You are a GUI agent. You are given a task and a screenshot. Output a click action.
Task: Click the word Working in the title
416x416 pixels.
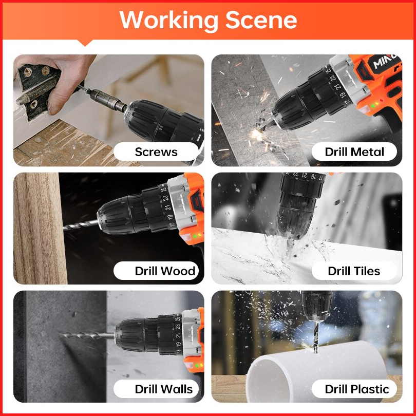point(169,20)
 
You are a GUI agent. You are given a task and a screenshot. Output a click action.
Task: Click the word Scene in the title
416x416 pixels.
point(261,20)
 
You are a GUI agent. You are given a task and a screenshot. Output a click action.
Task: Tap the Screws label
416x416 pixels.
point(156,152)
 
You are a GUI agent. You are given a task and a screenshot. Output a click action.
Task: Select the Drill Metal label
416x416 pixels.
point(354,152)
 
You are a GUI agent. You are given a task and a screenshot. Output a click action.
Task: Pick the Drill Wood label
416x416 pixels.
point(165,271)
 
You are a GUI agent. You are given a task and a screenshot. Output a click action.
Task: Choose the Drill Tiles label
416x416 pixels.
point(354,271)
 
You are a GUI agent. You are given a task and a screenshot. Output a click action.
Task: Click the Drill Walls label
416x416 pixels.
point(164,389)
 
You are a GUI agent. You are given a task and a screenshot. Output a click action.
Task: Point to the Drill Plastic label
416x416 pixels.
point(357,389)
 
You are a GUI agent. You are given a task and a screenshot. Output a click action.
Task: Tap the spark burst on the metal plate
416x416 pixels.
point(257,135)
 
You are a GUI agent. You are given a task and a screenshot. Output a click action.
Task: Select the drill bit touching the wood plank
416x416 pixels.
point(81,225)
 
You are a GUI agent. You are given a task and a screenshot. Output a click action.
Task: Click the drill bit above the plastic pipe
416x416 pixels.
point(315,336)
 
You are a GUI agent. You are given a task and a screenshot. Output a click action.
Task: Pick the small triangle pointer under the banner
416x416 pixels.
point(85,43)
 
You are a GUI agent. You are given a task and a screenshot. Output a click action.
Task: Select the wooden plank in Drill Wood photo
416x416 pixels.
point(39,228)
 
